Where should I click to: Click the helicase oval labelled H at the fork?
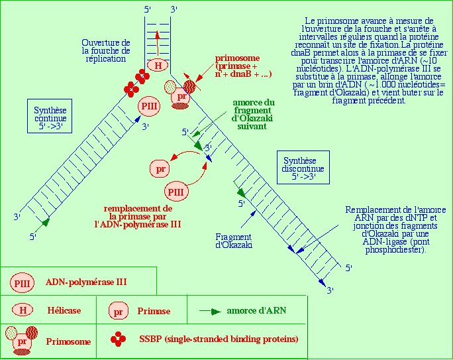point(158,65)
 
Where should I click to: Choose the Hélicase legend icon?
point(23,310)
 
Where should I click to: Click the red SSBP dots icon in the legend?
point(119,339)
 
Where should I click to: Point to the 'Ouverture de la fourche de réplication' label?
point(106,50)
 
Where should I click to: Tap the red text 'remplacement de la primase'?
point(138,216)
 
